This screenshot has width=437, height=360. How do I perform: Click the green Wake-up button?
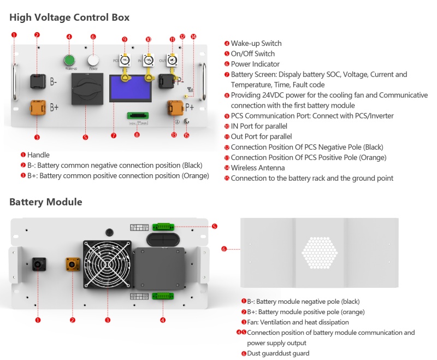(x=69, y=60)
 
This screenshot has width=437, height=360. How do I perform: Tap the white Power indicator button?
(x=93, y=60)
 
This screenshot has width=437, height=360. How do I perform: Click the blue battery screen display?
(x=130, y=89)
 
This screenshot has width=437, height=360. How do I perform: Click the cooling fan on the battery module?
(x=108, y=264)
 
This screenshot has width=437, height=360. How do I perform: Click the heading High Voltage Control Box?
(x=69, y=17)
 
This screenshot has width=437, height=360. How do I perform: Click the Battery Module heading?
(x=45, y=202)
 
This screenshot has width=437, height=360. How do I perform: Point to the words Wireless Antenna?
(x=257, y=168)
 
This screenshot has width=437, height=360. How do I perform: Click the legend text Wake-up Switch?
(x=256, y=43)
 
